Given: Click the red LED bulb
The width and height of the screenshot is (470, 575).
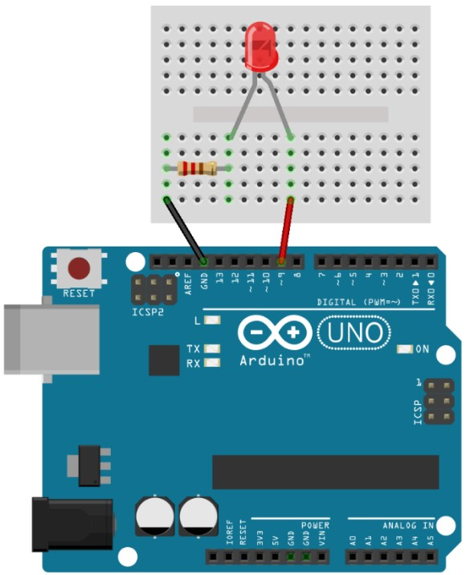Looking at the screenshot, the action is tap(261, 47).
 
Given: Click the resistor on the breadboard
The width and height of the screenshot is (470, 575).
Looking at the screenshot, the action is tap(197, 169).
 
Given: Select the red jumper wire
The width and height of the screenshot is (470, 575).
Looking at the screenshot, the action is tap(286, 230).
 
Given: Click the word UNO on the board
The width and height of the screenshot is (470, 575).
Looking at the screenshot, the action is tap(354, 332).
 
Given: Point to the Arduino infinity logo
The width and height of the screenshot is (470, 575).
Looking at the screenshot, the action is tap(275, 332).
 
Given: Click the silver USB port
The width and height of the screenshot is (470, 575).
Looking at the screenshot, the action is tap(51, 339).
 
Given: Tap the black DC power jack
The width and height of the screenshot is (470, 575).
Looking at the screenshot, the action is tap(72, 524).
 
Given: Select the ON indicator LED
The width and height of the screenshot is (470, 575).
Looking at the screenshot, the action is tap(405, 349).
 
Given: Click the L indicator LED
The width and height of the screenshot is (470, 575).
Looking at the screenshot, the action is tap(212, 320).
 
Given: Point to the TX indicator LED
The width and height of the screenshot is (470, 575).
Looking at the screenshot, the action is tap(212, 348).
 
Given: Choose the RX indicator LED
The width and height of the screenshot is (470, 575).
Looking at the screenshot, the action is tap(212, 363).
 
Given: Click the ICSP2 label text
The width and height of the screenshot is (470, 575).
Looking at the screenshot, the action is tap(148, 312).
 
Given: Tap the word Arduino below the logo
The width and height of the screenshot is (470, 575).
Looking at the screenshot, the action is tap(272, 361).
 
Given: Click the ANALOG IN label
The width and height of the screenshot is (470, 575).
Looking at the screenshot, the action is tap(408, 525).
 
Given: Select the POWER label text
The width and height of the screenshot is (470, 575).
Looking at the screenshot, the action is tap(315, 525).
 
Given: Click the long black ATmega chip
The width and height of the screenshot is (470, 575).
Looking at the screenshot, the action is tap(325, 472).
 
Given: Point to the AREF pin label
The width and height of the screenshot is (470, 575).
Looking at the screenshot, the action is tap(188, 283).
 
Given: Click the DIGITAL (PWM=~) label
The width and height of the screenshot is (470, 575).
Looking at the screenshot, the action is tap(358, 302).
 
